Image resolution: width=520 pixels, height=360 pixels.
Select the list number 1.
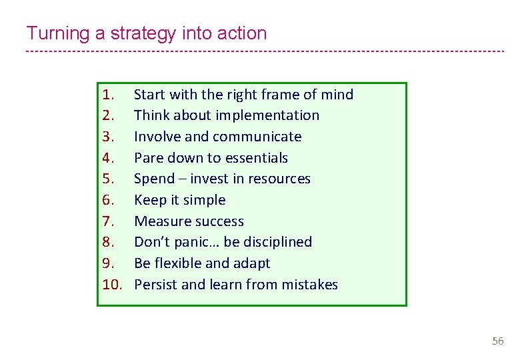109,95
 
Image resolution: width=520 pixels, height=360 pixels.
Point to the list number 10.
113,285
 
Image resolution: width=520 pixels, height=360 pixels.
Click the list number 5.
110,179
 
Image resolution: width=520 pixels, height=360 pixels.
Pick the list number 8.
110,242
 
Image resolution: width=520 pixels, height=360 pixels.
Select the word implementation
275,115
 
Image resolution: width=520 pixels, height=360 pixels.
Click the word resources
280,179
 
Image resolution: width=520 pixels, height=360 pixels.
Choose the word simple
203,200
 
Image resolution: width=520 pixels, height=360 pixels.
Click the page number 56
497,341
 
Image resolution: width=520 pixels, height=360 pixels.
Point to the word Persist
155,285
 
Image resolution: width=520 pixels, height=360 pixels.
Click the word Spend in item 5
154,179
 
